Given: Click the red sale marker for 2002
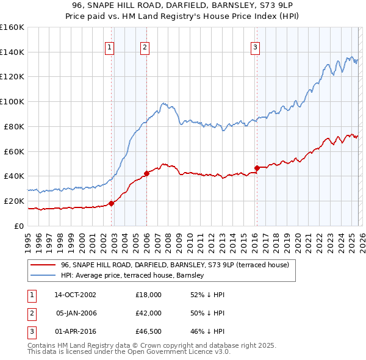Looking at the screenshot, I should tap(111, 203).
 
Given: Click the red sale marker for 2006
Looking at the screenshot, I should tap(146, 173).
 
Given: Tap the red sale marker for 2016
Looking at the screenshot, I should tap(257, 168).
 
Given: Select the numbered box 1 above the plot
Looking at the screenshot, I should tap(109, 47).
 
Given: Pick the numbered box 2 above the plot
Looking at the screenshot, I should tap(145, 47).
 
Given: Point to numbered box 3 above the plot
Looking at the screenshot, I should tap(255, 47).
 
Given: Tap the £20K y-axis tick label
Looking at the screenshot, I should tap(13, 201).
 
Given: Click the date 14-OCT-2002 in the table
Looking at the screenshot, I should tap(75, 295).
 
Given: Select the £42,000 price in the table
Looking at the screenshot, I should tap(148, 313).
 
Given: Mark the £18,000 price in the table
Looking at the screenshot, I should tap(148, 295).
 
